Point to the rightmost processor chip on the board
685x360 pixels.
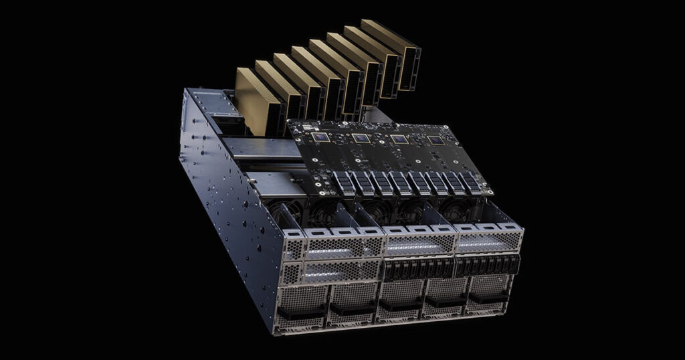435,140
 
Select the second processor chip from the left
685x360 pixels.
361,138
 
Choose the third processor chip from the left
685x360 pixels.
399,139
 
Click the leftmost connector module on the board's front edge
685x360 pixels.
343,182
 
